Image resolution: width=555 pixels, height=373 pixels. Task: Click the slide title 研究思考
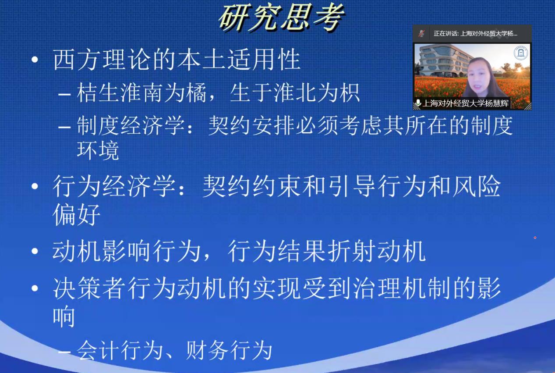(x=282, y=18)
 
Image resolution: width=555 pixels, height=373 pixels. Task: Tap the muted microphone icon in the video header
(x=421, y=33)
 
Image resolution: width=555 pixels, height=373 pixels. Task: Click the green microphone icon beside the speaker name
(x=418, y=103)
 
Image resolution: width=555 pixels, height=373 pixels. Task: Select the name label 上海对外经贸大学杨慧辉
(x=466, y=103)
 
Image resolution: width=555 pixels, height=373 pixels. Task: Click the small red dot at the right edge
(x=535, y=238)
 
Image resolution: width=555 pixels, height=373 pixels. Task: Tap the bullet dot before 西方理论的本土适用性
(x=35, y=60)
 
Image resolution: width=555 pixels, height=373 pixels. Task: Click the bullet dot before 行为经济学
(x=35, y=186)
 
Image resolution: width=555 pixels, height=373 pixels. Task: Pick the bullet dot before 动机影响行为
(x=35, y=251)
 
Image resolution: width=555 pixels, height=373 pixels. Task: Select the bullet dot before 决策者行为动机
(x=35, y=288)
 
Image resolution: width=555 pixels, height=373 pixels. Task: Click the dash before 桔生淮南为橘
(x=64, y=94)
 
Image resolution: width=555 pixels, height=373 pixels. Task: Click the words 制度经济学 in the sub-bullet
(x=131, y=125)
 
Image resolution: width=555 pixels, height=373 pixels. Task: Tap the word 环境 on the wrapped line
(x=98, y=150)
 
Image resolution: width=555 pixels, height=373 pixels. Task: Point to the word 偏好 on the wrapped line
(x=76, y=215)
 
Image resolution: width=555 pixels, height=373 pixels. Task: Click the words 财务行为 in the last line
(x=229, y=351)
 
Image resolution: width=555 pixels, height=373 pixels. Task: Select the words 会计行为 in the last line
(x=120, y=351)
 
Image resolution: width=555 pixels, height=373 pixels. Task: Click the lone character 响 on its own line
(x=64, y=317)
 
